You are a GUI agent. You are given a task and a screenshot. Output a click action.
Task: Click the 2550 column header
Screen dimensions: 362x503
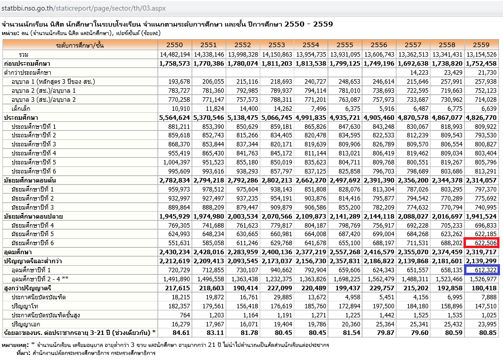[175, 45]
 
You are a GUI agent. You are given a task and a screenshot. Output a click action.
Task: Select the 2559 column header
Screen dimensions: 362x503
[481, 45]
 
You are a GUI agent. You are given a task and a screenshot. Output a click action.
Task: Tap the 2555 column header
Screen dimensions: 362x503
[345, 45]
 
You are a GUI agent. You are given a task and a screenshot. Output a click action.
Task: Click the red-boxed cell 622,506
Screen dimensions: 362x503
[481, 243]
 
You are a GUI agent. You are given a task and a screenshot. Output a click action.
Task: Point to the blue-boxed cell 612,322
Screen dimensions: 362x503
[481, 270]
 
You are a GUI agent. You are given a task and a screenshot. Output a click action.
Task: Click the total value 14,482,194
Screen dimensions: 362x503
[175, 54]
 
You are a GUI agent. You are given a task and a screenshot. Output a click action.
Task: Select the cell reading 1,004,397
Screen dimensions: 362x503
[175, 162]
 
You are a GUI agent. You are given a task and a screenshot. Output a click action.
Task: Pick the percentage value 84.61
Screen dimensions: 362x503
[181, 332]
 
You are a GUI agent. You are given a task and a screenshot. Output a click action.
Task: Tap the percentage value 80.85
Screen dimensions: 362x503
[487, 332]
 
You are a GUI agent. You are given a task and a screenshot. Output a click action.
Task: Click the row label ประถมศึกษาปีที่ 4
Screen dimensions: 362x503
[34, 153]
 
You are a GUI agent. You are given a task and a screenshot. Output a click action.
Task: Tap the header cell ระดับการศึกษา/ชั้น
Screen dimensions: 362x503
[80, 45]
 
